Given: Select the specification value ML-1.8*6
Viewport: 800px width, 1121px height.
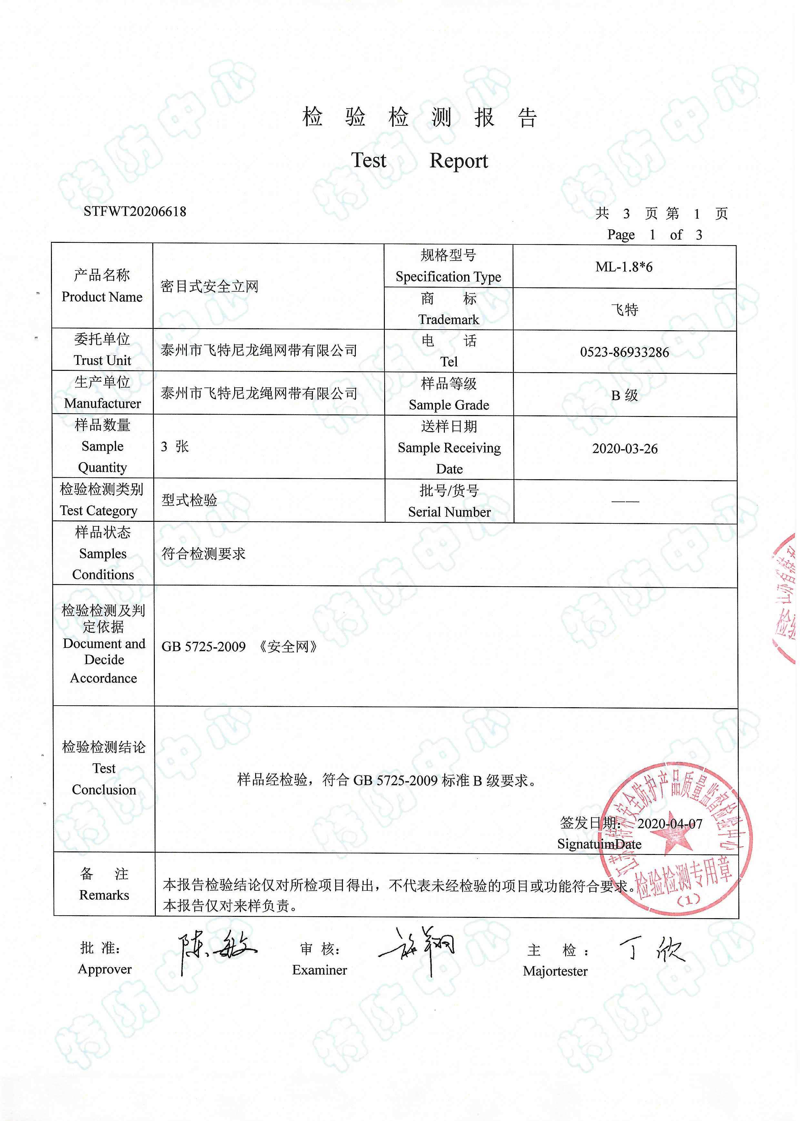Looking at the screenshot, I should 624,267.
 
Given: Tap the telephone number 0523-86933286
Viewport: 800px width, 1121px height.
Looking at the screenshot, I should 624,352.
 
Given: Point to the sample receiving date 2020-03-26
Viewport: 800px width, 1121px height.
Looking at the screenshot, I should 625,448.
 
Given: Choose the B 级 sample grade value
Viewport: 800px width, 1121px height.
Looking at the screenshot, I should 624,395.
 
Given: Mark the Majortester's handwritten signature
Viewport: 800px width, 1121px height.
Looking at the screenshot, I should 651,950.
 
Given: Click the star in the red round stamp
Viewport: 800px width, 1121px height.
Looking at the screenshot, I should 672,834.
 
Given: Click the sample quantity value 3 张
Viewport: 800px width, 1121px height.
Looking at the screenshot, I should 175,446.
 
